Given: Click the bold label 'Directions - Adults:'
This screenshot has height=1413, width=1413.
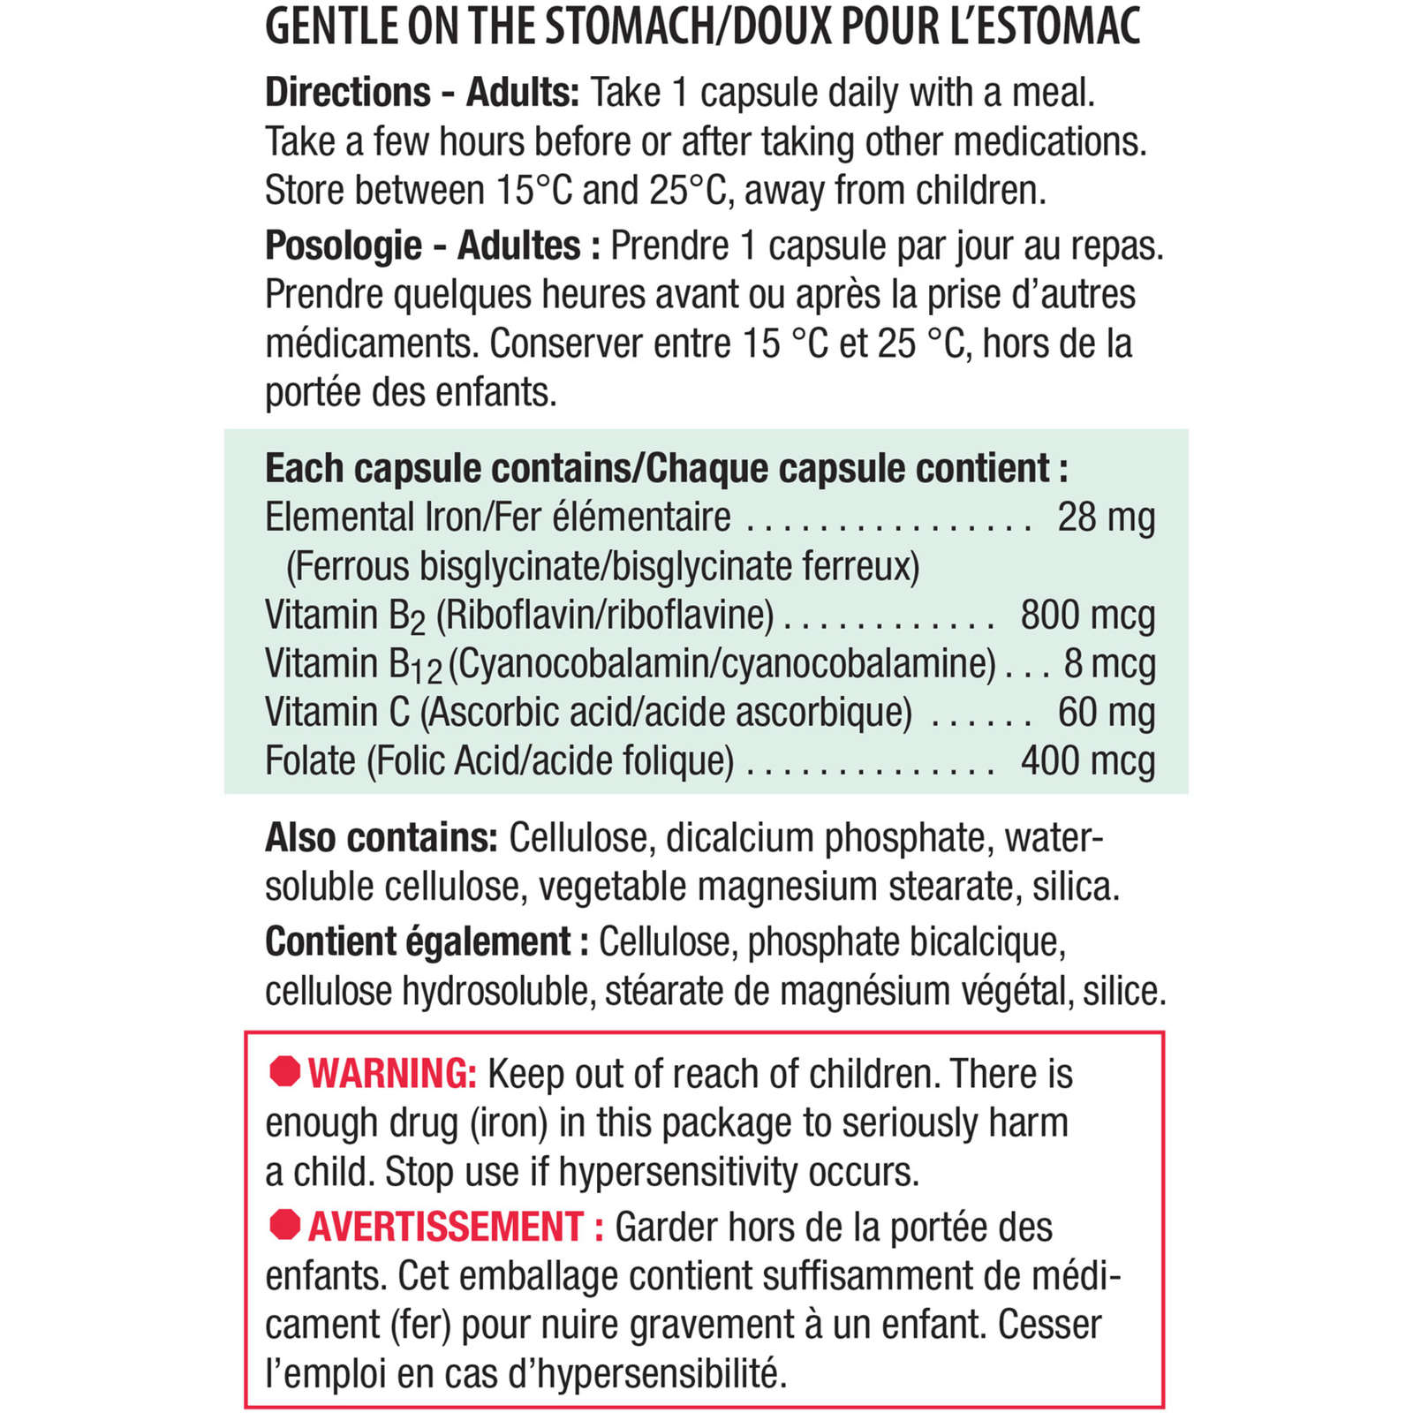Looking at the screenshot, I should [421, 93].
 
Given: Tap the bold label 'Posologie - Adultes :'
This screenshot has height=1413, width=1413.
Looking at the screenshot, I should [432, 246].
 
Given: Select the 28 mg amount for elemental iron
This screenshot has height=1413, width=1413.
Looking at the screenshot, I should [1106, 518].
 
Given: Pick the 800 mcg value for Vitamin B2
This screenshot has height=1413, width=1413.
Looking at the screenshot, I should [1087, 616].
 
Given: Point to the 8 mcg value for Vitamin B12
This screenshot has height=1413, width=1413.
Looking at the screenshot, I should [1109, 664].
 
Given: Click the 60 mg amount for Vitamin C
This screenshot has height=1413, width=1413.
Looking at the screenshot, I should [1106, 713].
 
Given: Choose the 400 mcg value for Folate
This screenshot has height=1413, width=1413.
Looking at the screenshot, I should [1087, 761].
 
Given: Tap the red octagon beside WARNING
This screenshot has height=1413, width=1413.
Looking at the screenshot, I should [285, 1071].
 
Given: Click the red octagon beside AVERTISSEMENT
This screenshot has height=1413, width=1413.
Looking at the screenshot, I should [285, 1224].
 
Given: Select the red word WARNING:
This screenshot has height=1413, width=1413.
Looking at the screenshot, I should [392, 1074].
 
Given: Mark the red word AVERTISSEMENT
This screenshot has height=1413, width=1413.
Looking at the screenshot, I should [446, 1228].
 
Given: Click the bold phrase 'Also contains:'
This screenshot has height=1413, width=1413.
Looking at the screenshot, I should [382, 838].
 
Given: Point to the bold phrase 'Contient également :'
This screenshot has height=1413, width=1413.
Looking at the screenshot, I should [427, 942].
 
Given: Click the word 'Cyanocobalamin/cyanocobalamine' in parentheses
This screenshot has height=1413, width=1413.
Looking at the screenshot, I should [722, 664].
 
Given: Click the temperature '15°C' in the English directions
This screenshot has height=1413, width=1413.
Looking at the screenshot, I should [534, 191].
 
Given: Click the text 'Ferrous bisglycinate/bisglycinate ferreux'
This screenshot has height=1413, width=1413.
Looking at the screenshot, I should [602, 567].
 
